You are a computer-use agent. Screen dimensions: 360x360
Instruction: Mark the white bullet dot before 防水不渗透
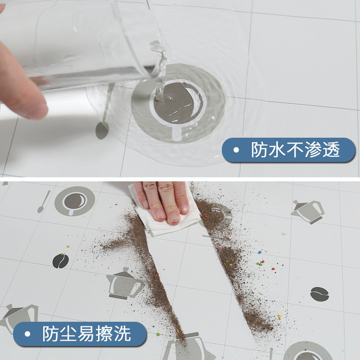236,150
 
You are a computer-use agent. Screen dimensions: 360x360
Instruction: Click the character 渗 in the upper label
315,150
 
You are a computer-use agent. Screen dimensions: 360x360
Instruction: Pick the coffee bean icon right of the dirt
319,293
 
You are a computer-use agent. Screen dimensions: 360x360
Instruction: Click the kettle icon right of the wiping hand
308,211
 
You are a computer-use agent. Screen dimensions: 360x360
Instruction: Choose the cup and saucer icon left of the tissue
74,201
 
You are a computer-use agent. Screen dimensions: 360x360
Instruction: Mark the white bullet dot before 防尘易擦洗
27,334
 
